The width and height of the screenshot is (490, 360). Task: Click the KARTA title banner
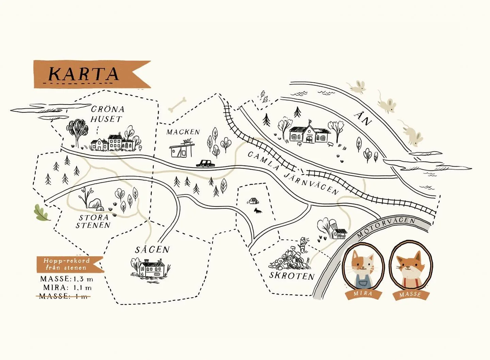[x=85, y=74]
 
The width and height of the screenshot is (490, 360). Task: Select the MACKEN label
[x=183, y=132]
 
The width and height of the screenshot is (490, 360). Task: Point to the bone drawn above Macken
[x=178, y=104]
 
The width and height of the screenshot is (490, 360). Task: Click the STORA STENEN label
[x=94, y=221]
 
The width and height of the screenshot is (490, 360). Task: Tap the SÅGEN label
[x=152, y=250]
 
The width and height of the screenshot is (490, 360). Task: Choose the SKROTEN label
[x=292, y=276]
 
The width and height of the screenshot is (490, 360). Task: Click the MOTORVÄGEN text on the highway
[x=386, y=227]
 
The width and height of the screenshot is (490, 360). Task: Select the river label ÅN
[x=362, y=118]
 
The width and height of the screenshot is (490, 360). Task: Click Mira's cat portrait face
[x=363, y=263]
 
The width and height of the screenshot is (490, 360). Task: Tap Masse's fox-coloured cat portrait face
[x=410, y=264]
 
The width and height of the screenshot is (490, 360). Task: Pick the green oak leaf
[x=42, y=213]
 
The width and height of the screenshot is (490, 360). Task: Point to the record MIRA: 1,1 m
[x=67, y=288]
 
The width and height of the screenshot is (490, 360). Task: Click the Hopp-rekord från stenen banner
[x=67, y=264]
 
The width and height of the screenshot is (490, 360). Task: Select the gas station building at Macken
[x=181, y=150]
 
